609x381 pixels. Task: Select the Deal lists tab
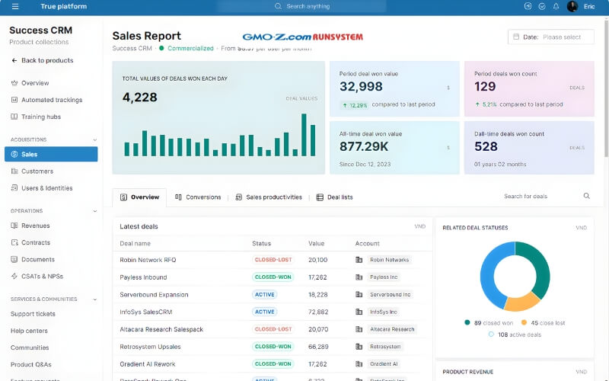pos(340,197)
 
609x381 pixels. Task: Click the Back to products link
pos(47,60)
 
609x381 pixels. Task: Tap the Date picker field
pos(550,37)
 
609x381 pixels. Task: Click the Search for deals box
pos(540,197)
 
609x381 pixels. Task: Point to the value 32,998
pos(362,87)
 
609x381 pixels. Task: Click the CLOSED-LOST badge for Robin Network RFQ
pos(273,260)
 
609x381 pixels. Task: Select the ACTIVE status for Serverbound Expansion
pos(265,294)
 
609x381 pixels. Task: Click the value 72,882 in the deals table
pos(318,312)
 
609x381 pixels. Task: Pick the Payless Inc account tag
pos(384,277)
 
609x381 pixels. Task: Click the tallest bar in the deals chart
pos(304,135)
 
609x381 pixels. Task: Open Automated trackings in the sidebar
pos(52,100)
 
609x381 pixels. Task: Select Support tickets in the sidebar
pos(33,314)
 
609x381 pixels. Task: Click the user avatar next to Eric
pos(572,6)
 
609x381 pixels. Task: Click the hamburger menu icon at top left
pos(14,6)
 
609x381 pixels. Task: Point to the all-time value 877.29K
pos(364,146)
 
